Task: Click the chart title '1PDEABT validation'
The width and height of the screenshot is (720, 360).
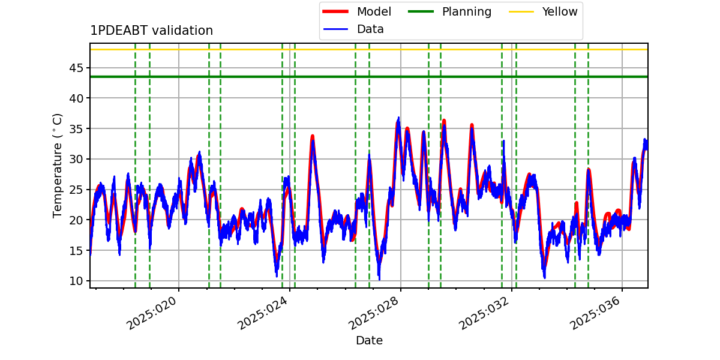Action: (x=151, y=31)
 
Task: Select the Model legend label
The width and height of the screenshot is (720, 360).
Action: (x=374, y=11)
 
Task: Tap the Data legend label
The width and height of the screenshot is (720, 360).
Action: (x=370, y=29)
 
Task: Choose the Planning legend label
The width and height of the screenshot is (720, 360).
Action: (x=467, y=12)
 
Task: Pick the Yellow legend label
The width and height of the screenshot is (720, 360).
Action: (x=560, y=11)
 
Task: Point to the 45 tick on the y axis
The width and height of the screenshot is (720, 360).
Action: (x=76, y=68)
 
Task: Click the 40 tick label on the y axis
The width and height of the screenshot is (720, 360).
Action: (x=76, y=98)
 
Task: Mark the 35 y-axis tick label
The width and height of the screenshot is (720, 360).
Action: (x=76, y=129)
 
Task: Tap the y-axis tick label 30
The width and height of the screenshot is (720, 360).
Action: (x=76, y=159)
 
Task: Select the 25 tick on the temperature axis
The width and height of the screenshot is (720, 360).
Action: (x=76, y=190)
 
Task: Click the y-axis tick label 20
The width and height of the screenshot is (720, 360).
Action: (x=76, y=220)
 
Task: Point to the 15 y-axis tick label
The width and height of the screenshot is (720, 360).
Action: (x=76, y=250)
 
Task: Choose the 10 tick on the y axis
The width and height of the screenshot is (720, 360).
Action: (x=76, y=281)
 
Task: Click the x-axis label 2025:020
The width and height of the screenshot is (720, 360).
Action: (x=151, y=313)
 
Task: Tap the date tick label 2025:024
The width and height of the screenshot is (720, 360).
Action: (x=262, y=313)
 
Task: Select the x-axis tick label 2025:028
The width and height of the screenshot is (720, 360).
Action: (x=373, y=313)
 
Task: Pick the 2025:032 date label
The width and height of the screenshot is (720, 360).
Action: (x=484, y=313)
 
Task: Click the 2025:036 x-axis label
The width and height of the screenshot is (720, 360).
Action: (x=595, y=313)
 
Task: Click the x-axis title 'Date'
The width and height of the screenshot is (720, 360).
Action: (x=370, y=340)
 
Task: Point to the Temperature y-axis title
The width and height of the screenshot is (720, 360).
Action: (x=57, y=166)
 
